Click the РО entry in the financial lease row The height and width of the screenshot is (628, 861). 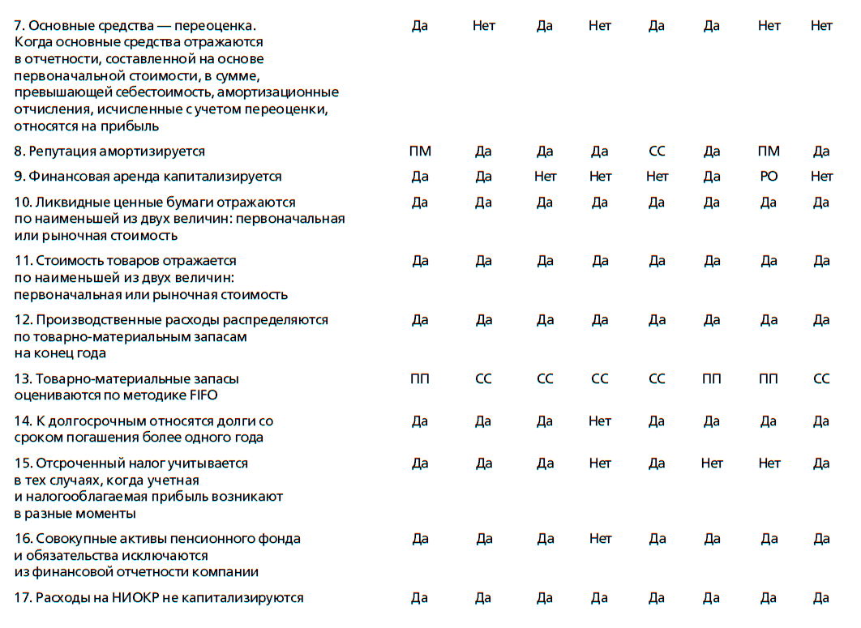point(769,176)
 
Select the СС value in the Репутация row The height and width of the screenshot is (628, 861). point(657,151)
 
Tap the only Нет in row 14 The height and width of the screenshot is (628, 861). point(600,421)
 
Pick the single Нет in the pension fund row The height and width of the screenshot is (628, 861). point(600,538)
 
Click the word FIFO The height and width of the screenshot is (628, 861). point(203,395)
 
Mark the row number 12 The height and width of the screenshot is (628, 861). point(23,319)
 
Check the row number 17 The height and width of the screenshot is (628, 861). point(23,597)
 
